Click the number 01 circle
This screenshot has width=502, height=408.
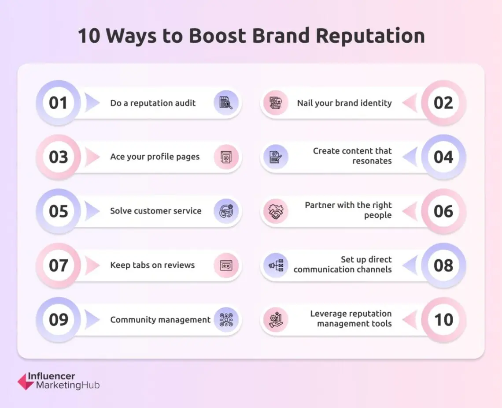click(58, 103)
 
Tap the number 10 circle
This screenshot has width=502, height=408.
click(443, 320)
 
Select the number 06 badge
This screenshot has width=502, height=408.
click(443, 211)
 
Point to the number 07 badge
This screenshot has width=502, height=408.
click(58, 266)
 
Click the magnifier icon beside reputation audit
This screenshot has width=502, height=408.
click(226, 103)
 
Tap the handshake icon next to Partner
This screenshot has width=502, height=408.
click(276, 211)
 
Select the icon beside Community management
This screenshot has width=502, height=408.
click(226, 320)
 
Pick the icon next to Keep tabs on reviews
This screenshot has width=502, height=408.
click(226, 266)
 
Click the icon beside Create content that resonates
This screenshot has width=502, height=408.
click(276, 157)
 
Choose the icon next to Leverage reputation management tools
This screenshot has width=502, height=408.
click(276, 320)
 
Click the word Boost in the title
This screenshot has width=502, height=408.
click(218, 35)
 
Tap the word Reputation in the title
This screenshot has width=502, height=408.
click(370, 36)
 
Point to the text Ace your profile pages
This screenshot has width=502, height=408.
click(155, 157)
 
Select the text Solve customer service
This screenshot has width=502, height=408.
click(156, 211)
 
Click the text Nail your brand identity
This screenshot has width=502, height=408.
click(344, 103)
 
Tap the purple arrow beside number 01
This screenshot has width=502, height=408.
click(92, 103)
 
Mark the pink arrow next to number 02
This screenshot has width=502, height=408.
click(410, 103)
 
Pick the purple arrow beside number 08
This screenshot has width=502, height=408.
click(410, 266)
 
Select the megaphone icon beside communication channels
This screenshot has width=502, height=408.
click(276, 266)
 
